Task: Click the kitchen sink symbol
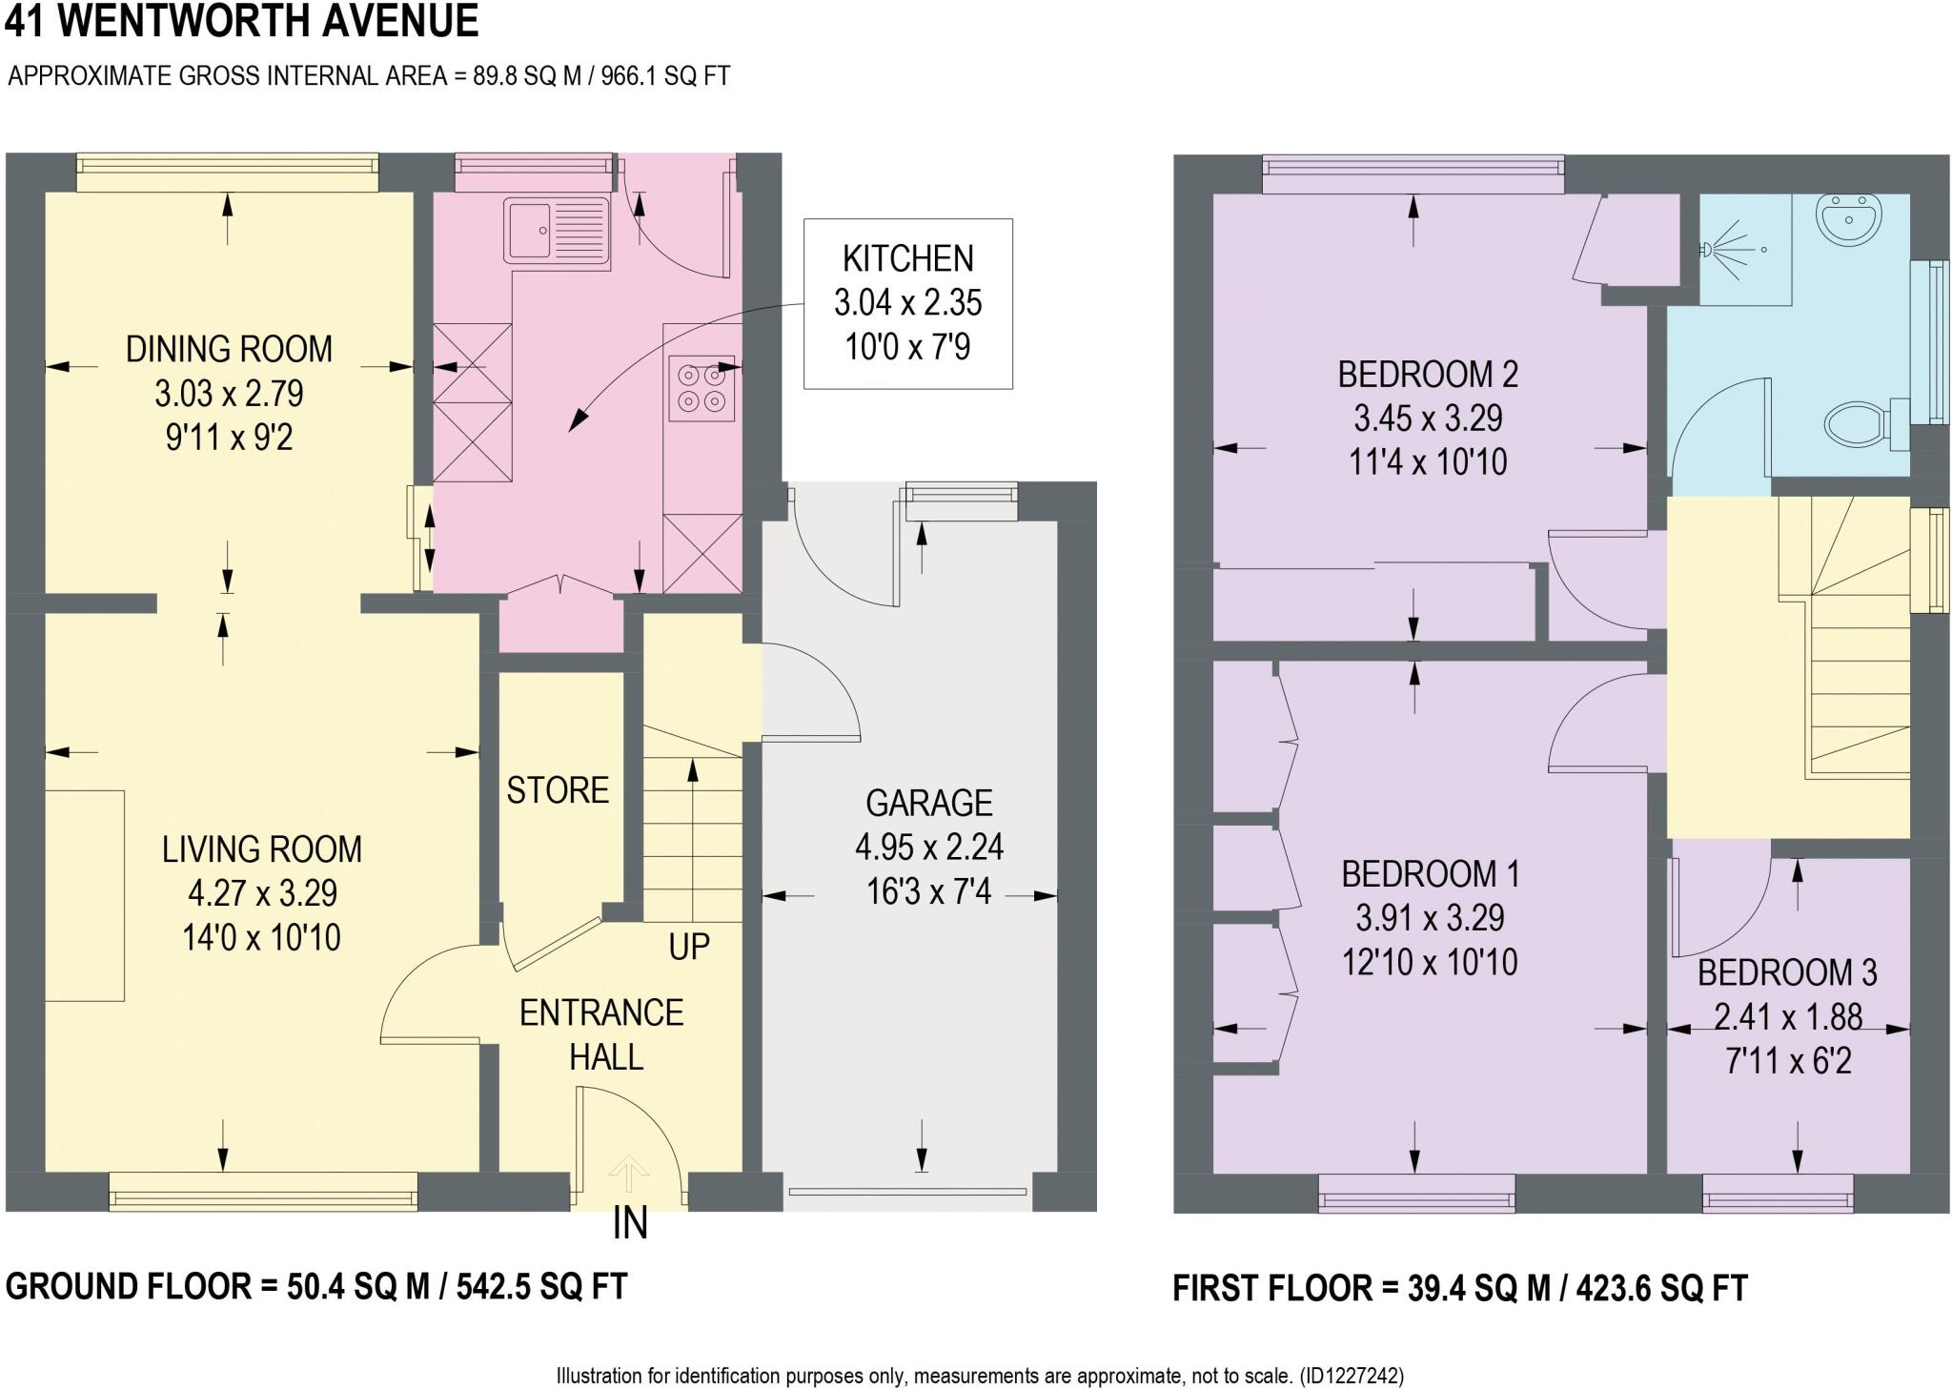click(557, 230)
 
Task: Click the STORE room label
click(558, 790)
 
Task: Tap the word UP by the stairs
click(688, 947)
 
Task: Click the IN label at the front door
click(630, 1224)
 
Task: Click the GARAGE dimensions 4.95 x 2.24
click(928, 847)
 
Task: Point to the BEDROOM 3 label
click(1787, 972)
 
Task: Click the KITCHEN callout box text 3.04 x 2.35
click(907, 303)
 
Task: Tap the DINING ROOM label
click(229, 349)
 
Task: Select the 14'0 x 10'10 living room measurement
click(261, 938)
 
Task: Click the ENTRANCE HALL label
click(602, 1034)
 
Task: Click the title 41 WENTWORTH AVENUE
click(241, 21)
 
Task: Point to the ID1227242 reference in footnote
click(1348, 1377)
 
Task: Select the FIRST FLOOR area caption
click(1459, 1288)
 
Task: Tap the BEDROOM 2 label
click(1428, 374)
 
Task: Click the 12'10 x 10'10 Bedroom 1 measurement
click(1429, 963)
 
